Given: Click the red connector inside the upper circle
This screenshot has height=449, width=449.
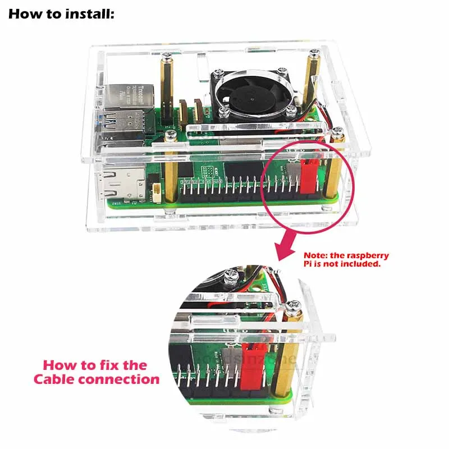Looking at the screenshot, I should [309, 175].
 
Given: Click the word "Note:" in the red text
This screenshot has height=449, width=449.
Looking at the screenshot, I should [317, 255].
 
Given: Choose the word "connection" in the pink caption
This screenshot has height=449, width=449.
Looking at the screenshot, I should [123, 379].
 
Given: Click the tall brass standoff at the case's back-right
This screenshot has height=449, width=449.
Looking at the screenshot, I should [313, 79].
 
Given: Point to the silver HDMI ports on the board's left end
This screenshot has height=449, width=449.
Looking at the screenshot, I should [127, 182].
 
